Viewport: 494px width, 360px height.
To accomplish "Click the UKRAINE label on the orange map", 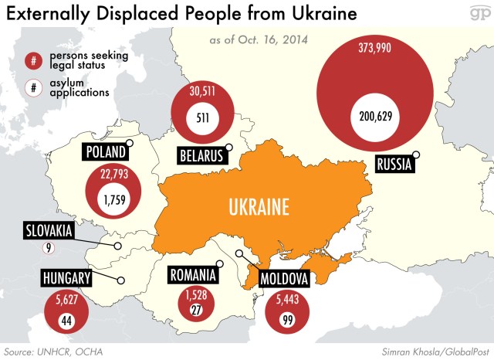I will coord(259,206).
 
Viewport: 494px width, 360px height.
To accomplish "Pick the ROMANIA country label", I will coord(192,274).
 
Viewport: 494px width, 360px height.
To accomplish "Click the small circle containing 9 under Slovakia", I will coord(49,248).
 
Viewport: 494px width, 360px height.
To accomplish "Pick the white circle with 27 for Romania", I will coord(195,310).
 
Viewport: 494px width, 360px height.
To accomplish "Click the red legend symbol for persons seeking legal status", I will coord(33,60).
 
